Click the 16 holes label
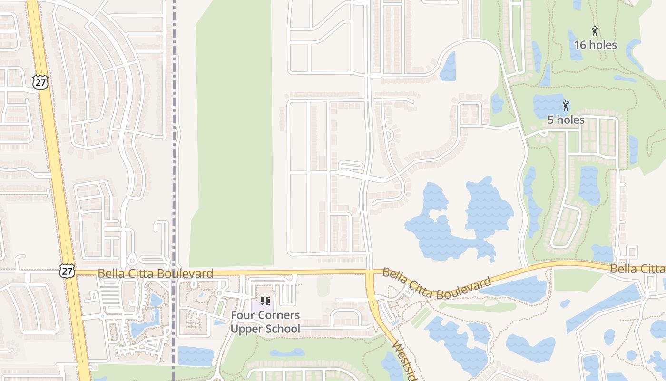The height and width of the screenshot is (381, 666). click(595, 45)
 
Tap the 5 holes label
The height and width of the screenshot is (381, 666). click(566, 120)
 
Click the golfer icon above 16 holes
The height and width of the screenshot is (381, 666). click(595, 31)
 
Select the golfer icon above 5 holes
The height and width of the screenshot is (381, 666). click(566, 105)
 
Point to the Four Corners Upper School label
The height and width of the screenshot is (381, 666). click(265, 322)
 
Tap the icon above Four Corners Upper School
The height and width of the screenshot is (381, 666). click(265, 301)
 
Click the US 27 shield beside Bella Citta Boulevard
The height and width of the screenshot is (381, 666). click(67, 271)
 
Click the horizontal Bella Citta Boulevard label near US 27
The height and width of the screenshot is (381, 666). click(155, 273)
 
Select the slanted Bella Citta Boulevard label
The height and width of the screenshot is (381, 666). click(436, 284)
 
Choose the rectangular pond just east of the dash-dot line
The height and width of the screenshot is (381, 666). click(196, 356)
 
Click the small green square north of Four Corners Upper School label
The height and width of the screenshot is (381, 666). click(324, 285)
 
